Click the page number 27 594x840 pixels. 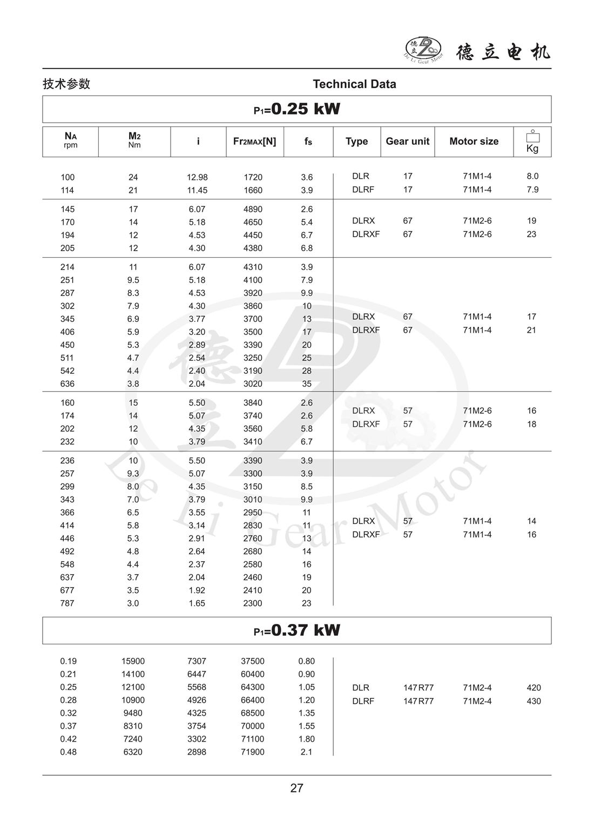click(x=296, y=788)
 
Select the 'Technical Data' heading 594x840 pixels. click(x=354, y=84)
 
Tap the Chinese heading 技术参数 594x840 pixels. click(x=66, y=84)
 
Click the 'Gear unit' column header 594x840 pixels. click(x=407, y=142)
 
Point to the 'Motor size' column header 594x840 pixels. click(x=474, y=142)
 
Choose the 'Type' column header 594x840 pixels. click(x=356, y=142)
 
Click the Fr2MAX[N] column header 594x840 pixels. click(x=254, y=142)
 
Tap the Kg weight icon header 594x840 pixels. click(x=532, y=142)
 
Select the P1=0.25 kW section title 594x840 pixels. click(x=296, y=109)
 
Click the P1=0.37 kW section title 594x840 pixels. click(x=296, y=630)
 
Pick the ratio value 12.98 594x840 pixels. click(x=197, y=177)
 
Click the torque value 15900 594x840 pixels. click(x=133, y=661)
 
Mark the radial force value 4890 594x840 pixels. click(x=253, y=209)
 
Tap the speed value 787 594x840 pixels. click(x=67, y=603)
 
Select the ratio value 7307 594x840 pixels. click(x=197, y=661)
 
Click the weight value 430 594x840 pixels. click(x=534, y=701)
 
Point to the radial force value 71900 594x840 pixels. click(x=253, y=752)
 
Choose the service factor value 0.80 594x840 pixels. click(x=306, y=661)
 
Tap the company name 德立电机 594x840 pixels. click(x=503, y=52)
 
